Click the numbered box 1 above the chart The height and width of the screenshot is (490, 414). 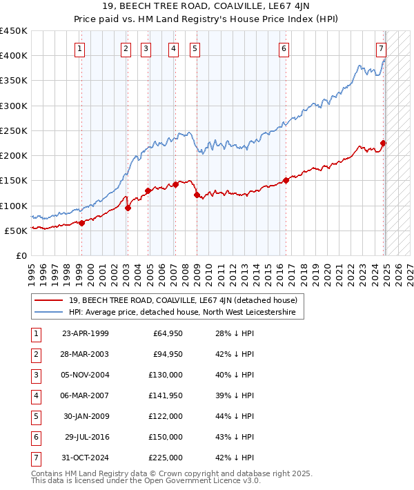(81, 48)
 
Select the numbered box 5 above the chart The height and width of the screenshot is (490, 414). (195, 48)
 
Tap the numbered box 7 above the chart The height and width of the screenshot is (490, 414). (382, 48)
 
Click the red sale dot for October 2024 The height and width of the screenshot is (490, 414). (384, 144)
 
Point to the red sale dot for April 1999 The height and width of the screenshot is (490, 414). (81, 223)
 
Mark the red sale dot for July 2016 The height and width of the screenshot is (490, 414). (286, 181)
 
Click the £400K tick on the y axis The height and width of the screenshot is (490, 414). (14, 56)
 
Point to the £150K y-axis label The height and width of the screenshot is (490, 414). (14, 181)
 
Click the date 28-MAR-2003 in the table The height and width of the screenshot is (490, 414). (86, 355)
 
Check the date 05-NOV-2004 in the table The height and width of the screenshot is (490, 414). (86, 375)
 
